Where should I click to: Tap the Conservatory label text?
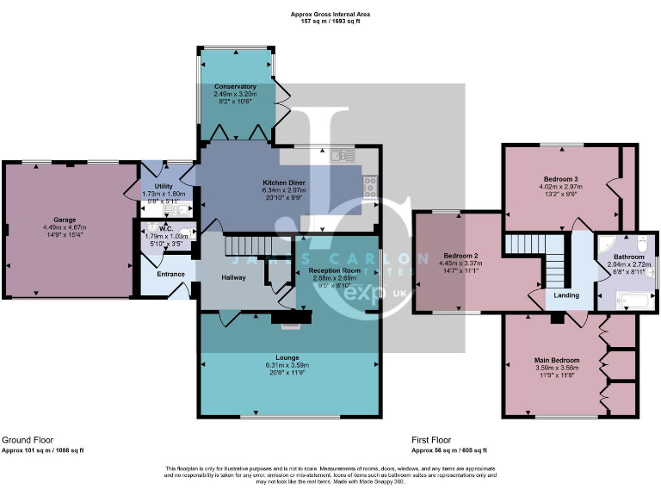click(237, 86)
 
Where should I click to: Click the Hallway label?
click(233, 277)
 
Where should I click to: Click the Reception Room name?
click(335, 270)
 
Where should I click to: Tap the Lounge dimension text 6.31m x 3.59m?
click(292, 365)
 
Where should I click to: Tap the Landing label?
click(566, 295)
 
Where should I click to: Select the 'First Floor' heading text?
click(431, 438)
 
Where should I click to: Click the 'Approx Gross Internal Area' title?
click(330, 14)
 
